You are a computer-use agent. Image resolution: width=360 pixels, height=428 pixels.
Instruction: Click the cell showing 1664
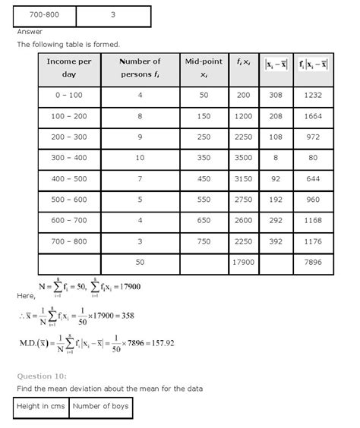tap(313, 118)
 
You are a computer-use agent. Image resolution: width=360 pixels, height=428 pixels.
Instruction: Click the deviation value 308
tap(276, 97)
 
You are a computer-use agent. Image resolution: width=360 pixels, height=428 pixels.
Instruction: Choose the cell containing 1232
tap(313, 97)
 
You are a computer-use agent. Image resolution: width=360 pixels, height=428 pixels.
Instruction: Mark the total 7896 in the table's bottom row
tap(313, 262)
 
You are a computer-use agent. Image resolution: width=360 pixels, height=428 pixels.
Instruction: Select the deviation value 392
tap(276, 241)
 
